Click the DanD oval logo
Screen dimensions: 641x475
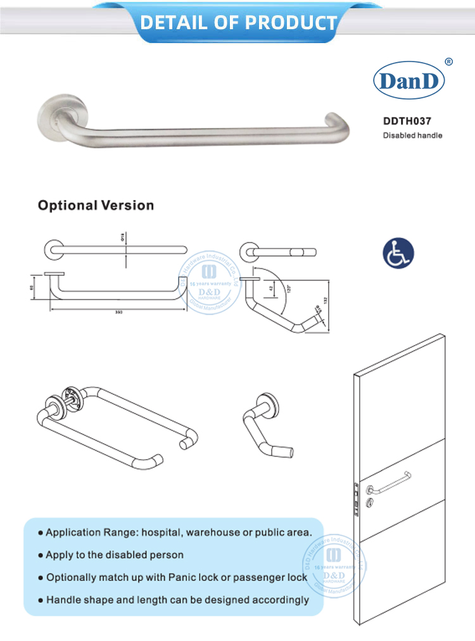[408, 81]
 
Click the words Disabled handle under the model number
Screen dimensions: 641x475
[412, 135]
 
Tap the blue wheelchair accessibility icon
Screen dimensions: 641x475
[398, 252]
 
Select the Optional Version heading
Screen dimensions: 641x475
[96, 205]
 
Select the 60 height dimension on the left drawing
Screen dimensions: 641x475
[32, 287]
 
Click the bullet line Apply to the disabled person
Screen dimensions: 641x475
[114, 555]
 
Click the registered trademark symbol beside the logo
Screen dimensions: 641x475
[448, 62]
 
